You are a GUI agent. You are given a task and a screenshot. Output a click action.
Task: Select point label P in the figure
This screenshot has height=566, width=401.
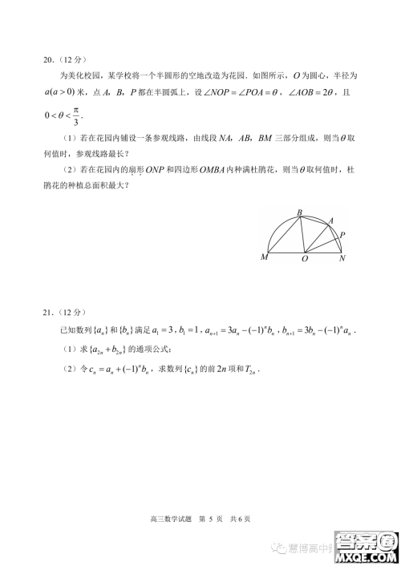pos(342,235)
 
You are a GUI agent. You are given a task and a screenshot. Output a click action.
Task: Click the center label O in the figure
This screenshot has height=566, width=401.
pos(305,259)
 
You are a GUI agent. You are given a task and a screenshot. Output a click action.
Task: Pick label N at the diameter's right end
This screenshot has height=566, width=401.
pos(342,258)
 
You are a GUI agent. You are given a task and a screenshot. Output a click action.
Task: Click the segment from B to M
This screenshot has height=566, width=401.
pos(285,233)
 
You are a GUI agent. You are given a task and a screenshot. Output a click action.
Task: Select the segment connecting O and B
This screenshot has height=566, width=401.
pos(302,234)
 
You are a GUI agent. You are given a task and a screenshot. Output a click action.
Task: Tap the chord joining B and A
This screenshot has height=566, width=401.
pos(314,220)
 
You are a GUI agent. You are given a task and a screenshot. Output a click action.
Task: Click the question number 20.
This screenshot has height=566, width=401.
pos(49,59)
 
